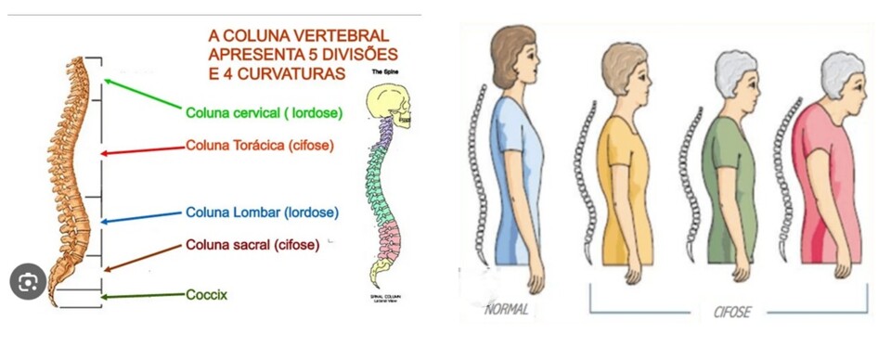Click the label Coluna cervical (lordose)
(264, 113)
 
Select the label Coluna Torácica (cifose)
(259, 146)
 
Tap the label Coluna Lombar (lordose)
(262, 212)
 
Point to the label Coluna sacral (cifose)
(252, 245)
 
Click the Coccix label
(206, 294)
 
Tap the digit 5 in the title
(321, 54)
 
